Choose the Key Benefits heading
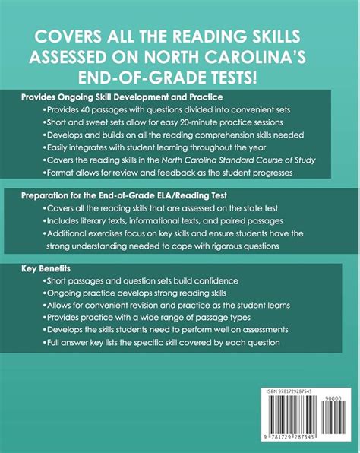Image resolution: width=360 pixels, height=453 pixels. pyautogui.click(x=46, y=271)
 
